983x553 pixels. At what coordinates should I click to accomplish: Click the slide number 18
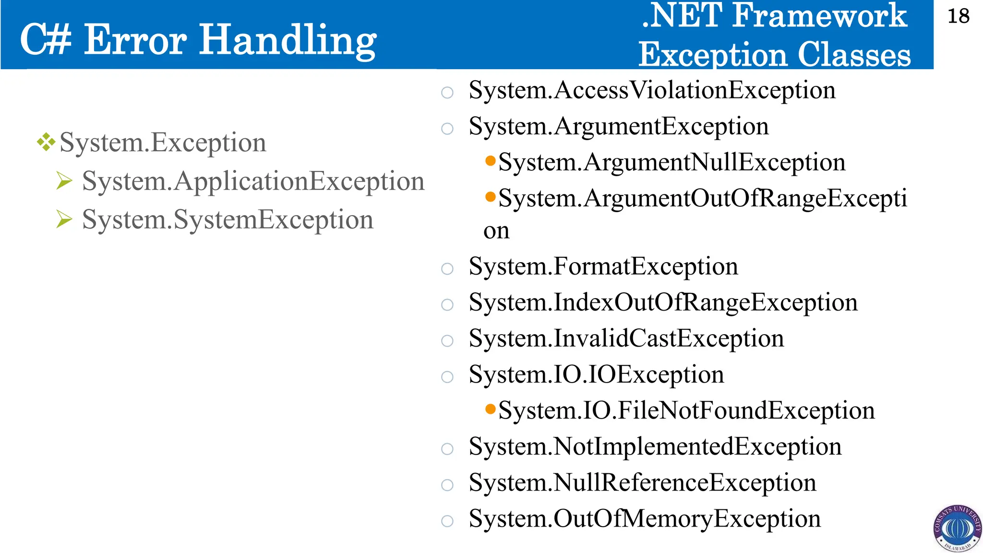pos(958,17)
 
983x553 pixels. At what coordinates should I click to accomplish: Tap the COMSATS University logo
pos(958,528)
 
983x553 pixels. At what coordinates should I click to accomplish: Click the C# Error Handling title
pos(198,40)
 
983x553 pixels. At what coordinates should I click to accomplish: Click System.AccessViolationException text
pos(652,90)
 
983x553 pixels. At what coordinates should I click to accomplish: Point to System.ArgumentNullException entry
pos(671,162)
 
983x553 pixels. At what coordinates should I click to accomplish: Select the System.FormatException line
pos(603,266)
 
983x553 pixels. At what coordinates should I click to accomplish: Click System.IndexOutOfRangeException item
pos(663,302)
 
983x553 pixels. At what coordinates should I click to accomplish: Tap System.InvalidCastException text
pos(626,338)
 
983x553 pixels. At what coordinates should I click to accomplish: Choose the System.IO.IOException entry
pos(596,374)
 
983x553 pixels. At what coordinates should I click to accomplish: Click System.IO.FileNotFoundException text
pos(686,411)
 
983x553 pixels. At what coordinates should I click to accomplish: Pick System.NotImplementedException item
pos(655,447)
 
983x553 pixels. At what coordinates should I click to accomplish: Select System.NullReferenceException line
pos(642,483)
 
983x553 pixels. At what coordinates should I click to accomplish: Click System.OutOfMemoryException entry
pos(644,519)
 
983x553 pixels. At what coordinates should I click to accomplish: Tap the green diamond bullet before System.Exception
pos(46,142)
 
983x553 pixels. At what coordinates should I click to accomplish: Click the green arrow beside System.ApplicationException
pos(64,181)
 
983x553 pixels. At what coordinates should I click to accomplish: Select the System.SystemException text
pos(228,220)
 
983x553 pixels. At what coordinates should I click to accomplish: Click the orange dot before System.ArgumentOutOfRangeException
pos(490,197)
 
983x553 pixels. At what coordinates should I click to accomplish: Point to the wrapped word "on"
pos(496,231)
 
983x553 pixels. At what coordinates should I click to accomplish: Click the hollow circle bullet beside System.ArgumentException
pos(447,129)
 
